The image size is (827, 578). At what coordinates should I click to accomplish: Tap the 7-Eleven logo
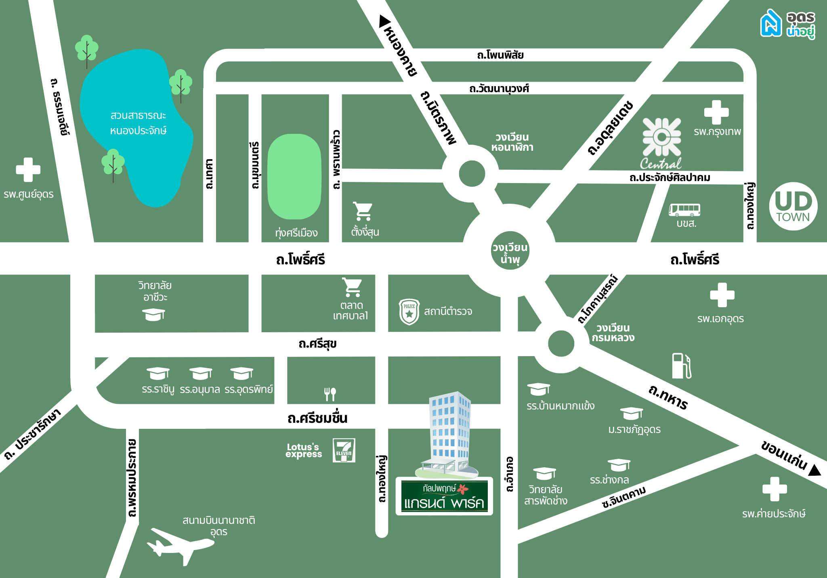coord(344,450)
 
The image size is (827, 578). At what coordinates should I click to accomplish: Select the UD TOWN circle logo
coord(793,206)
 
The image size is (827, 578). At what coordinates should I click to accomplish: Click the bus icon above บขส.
coord(684,210)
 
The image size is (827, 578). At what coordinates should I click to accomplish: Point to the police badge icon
coord(409,312)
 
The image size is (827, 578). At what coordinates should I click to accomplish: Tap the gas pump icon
coord(682,366)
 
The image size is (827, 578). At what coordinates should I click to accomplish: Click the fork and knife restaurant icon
coord(330,394)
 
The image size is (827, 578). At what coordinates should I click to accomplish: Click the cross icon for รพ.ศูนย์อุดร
coord(28,170)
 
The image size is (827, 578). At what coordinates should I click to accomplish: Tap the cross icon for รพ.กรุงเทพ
coord(716,112)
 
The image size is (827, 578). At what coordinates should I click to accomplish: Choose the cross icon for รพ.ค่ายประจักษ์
coord(775,489)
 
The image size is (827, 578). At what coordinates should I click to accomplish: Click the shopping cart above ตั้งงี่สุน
coord(363,211)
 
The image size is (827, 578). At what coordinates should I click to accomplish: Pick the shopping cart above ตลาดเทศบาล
coord(352,287)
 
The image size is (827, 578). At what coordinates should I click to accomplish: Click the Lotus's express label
coord(304,450)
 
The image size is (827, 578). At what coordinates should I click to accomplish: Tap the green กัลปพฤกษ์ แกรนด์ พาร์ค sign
coord(444,496)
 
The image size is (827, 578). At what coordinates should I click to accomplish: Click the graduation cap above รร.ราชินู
coord(158,373)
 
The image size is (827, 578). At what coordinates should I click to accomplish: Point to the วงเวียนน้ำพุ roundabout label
coord(510,253)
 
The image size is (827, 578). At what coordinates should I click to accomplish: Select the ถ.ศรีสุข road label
coord(317,344)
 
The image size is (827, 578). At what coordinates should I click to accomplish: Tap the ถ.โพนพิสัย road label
coord(500,55)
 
